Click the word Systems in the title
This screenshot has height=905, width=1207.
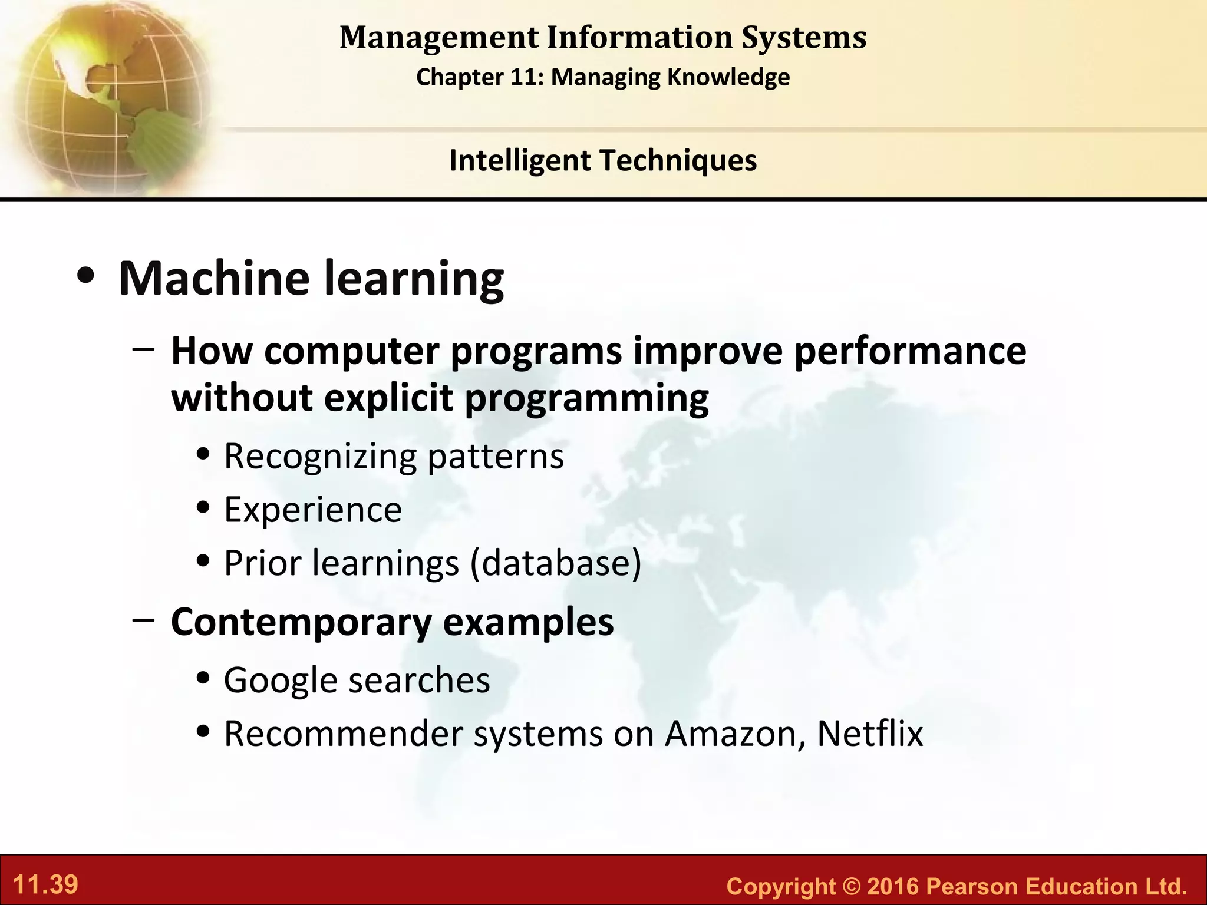tap(804, 38)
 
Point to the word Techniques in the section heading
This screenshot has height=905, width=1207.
tap(677, 161)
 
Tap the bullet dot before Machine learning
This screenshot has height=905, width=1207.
tap(86, 277)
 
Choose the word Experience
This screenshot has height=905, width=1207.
tap(313, 510)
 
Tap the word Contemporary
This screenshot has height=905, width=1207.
tap(301, 623)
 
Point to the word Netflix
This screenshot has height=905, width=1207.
tap(870, 734)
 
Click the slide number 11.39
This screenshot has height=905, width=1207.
tap(45, 885)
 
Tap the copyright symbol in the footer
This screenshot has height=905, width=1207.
tap(851, 887)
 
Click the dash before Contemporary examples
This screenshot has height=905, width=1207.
tap(144, 620)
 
